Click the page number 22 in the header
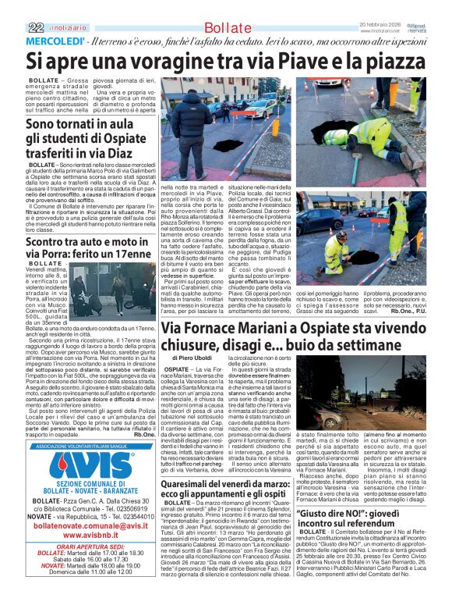[x=34, y=27]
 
